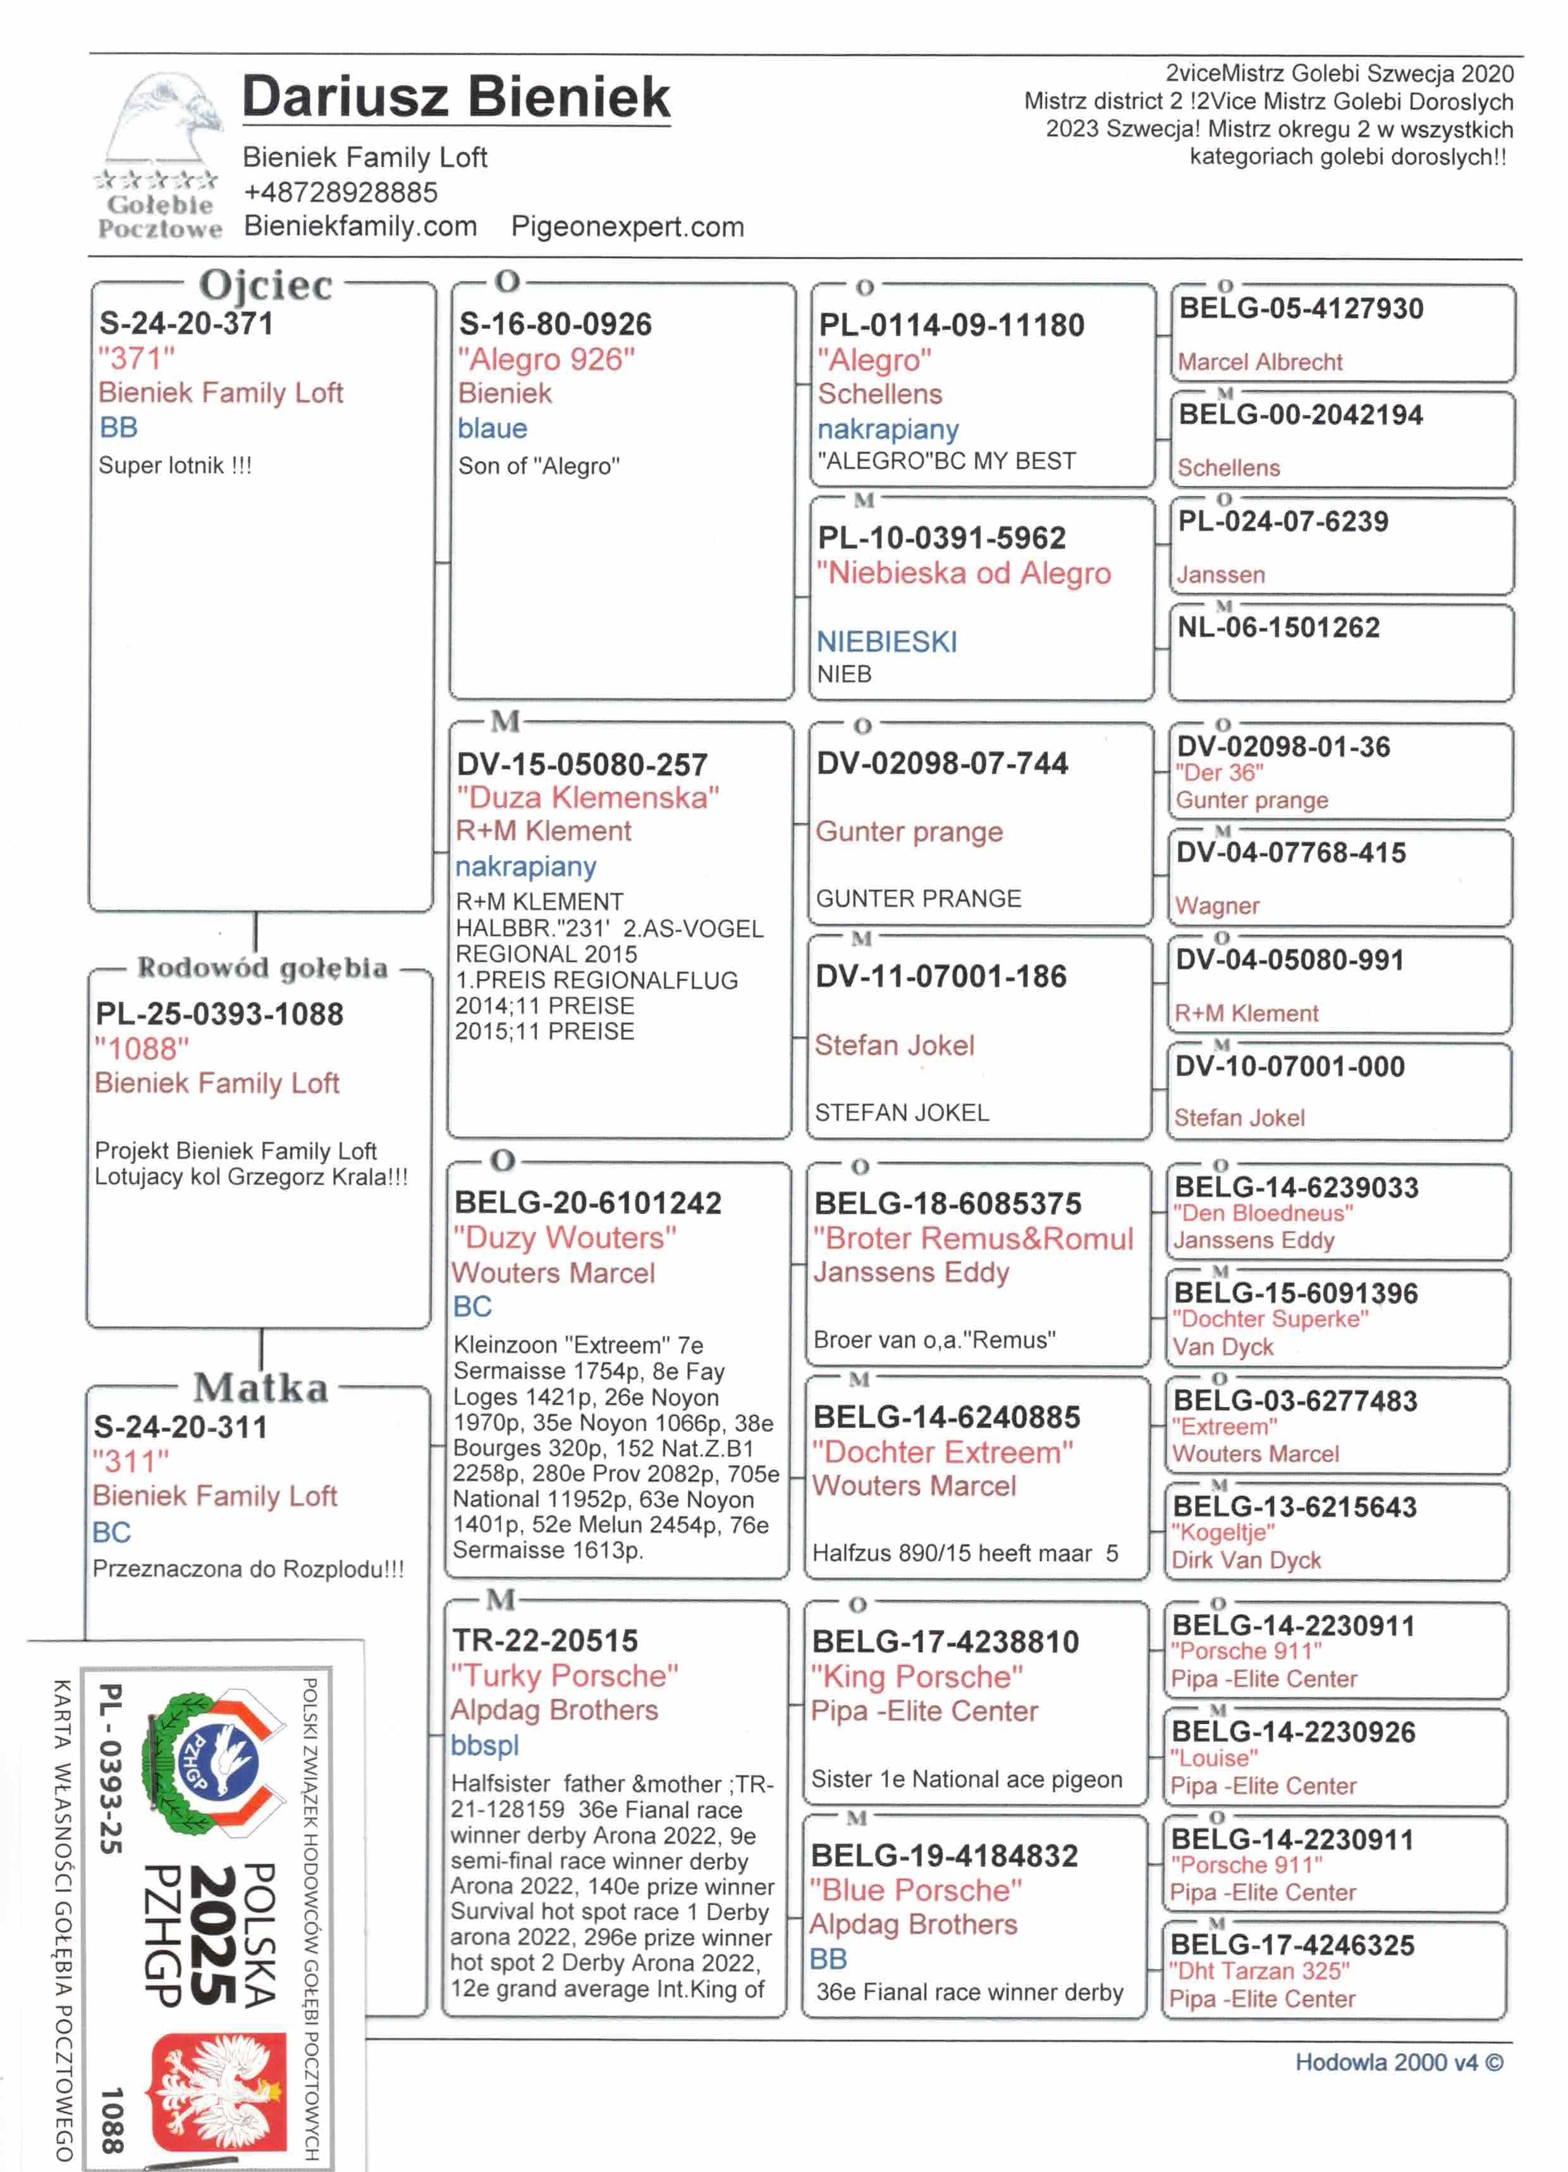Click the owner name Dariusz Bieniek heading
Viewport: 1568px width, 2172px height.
(456, 97)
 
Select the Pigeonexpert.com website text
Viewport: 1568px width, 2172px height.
(627, 227)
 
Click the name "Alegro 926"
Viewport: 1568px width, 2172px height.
(546, 359)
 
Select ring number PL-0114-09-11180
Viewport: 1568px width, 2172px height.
(950, 326)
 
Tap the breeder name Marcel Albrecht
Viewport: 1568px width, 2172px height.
(1259, 362)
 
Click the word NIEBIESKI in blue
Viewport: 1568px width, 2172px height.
(886, 641)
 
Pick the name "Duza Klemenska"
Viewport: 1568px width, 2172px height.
(587, 798)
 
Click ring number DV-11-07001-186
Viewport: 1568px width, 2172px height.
(940, 977)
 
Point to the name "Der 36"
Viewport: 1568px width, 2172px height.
(1218, 773)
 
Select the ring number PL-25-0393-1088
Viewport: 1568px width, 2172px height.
(219, 1014)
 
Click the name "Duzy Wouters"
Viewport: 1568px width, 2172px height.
(565, 1238)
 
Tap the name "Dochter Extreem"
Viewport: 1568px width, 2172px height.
(943, 1453)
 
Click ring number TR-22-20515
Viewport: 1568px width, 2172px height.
(544, 1641)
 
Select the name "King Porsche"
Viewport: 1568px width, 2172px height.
(916, 1677)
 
